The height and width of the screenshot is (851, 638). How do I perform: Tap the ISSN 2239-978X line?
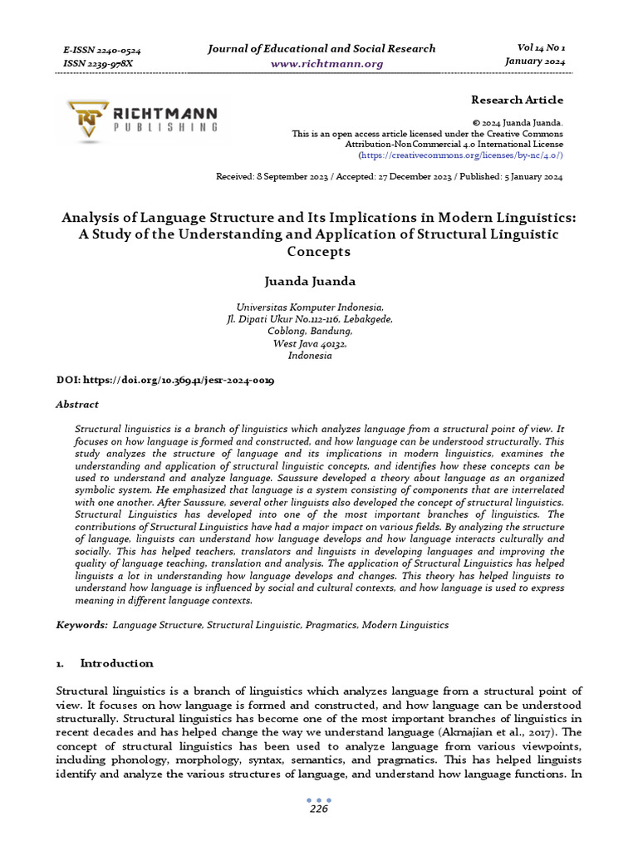pos(97,64)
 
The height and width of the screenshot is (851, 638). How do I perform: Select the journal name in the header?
pos(321,48)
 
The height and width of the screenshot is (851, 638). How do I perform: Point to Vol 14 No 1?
pos(534,48)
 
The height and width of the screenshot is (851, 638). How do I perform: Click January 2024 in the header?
pos(534,61)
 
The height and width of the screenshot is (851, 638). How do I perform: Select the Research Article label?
pos(517,100)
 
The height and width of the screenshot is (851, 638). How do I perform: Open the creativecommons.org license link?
pos(460,155)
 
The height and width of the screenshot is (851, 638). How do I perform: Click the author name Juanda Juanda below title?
pos(318,280)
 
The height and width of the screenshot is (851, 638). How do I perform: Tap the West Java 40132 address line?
pos(310,343)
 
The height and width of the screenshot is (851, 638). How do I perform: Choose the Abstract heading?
pos(76,405)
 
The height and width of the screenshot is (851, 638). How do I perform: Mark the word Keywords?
pos(81,624)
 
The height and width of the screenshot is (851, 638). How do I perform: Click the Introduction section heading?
pos(116,663)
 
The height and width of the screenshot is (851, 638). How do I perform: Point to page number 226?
pos(319,809)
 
